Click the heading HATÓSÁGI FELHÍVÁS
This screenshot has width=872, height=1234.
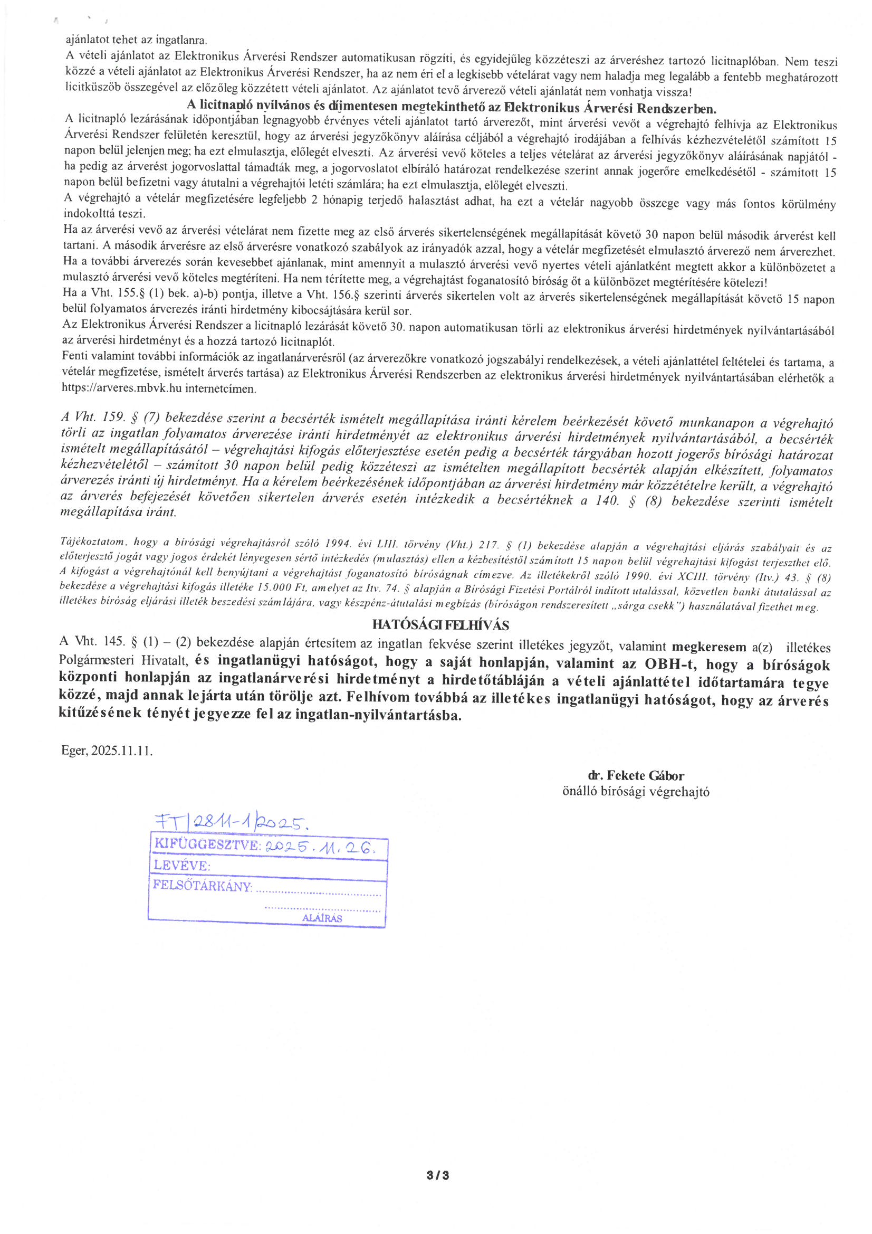(x=441, y=625)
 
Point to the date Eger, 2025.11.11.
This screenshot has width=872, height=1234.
(x=108, y=751)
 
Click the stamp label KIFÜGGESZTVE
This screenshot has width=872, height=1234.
(x=206, y=846)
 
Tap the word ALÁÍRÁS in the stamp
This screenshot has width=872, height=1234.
(x=322, y=918)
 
